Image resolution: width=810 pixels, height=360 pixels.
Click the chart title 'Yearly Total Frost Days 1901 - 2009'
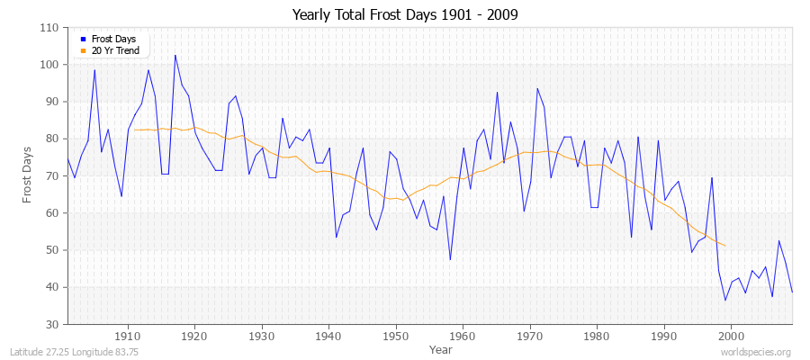click(x=405, y=15)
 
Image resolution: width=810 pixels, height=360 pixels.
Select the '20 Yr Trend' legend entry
click(x=115, y=51)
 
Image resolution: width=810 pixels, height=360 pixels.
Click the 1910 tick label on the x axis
click(x=128, y=336)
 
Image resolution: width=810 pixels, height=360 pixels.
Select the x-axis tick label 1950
click(x=395, y=336)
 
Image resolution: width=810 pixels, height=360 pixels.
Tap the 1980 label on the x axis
click(x=596, y=336)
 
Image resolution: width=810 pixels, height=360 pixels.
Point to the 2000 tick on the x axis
click(x=730, y=336)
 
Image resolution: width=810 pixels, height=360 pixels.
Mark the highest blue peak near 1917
click(x=175, y=55)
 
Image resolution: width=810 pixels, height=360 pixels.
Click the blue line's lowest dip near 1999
click(x=725, y=300)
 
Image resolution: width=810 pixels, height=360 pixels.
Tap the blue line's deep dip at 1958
click(x=450, y=260)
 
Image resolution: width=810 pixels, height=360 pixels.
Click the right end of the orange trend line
click(x=725, y=246)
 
